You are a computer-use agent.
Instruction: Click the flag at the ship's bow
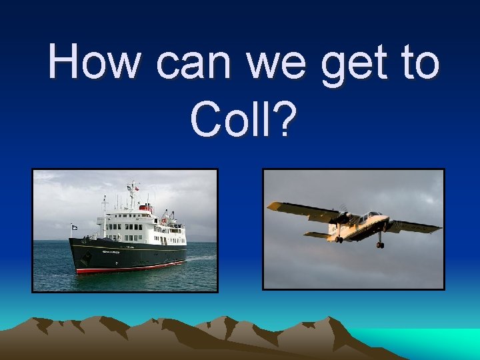coord(75,227)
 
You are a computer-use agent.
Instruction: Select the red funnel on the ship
coord(145,208)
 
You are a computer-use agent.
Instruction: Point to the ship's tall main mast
coord(132,193)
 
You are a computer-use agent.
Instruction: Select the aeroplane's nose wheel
coord(380,245)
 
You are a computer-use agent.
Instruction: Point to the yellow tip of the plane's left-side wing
coord(274,207)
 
